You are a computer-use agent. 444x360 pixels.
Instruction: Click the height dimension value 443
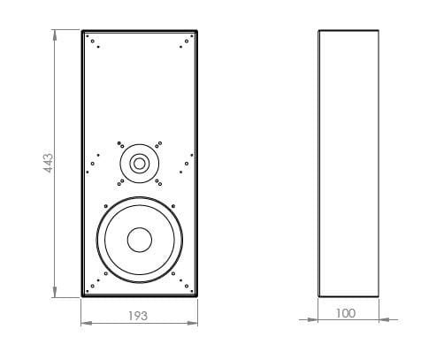click(49, 164)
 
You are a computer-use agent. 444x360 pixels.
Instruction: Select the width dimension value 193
click(138, 315)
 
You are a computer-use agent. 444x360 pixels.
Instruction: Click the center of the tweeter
click(139, 163)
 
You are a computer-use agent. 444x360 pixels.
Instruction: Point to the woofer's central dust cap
click(139, 240)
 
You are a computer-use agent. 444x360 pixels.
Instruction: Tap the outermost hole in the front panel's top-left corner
click(87, 36)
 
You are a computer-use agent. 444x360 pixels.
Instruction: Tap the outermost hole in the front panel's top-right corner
click(191, 36)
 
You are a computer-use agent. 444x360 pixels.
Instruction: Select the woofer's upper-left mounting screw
click(105, 206)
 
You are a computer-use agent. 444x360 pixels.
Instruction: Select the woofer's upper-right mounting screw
click(173, 206)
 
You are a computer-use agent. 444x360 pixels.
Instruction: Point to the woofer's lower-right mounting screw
click(173, 273)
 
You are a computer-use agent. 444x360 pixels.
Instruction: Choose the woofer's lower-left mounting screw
click(105, 273)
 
